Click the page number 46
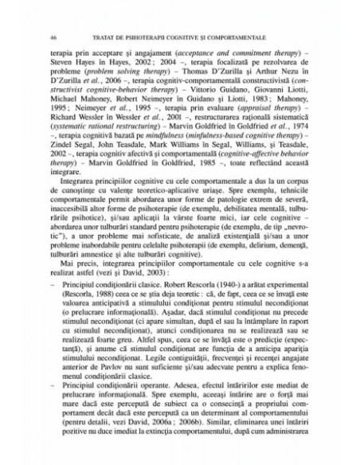52,37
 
